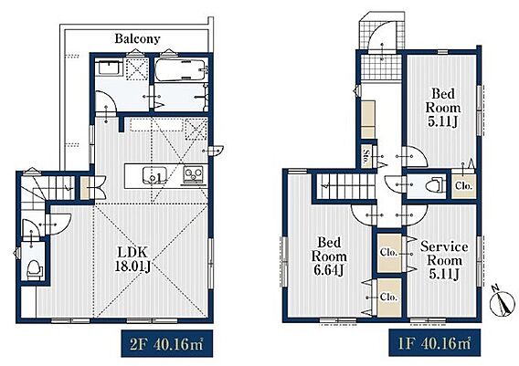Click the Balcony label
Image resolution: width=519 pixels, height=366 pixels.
coord(137,39)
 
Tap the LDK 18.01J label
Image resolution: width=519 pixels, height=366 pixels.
coord(132,259)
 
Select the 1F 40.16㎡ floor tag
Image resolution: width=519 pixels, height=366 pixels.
coord(434,343)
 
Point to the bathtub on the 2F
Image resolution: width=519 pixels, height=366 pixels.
coord(181,69)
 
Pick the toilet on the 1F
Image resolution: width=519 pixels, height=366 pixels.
coord(434,185)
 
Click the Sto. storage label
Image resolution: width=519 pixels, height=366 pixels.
coord(365,156)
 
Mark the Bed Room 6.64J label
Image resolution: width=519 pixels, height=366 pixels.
coord(329,256)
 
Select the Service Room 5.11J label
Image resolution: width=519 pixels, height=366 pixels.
coord(443,260)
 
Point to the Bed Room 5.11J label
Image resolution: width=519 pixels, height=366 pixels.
coord(442,108)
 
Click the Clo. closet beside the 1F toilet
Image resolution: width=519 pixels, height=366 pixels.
coord(463,184)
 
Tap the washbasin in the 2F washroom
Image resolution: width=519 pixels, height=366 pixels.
coord(109,68)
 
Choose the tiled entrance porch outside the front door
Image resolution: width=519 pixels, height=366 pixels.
coord(381,48)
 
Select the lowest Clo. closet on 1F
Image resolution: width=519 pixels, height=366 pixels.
coord(389,298)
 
